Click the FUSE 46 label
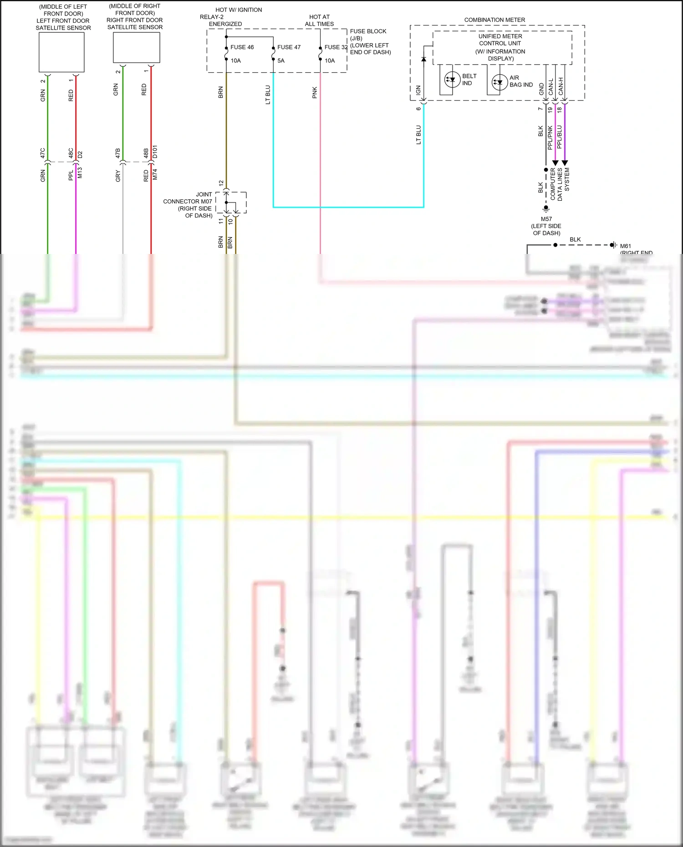pos(242,47)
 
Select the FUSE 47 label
pos(289,47)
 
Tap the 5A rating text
pos(281,61)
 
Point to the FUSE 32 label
pos(336,47)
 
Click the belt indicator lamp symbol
pos(452,80)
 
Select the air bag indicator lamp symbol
pos(500,82)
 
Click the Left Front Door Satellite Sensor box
pos(61,52)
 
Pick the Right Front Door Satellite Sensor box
pos(136,47)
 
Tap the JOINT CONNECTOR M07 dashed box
pos(231,203)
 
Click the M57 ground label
pos(546,219)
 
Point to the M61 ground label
pos(625,246)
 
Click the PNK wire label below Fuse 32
pos(315,93)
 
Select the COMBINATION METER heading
pos(494,20)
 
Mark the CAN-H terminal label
pos(561,86)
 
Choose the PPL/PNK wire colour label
pos(550,137)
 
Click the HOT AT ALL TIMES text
pos(319,20)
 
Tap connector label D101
pos(155,152)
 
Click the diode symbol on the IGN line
pos(423,59)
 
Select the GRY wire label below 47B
pos(118,176)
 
